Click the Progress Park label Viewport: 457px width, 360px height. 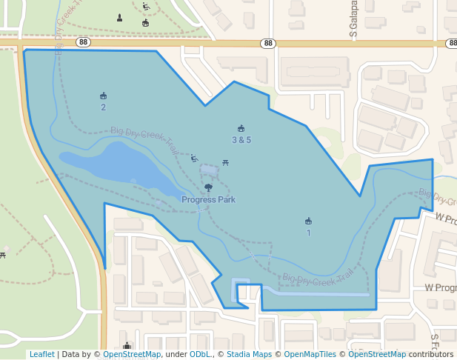[209, 199]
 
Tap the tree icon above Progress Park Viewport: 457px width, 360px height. [208, 188]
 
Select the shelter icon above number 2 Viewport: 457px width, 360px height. [103, 96]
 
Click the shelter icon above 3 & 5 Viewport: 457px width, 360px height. [241, 128]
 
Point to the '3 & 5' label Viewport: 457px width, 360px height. [241, 139]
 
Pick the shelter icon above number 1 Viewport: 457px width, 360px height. [308, 221]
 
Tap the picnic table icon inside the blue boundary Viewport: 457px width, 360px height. [225, 162]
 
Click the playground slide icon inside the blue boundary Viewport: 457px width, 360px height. [194, 158]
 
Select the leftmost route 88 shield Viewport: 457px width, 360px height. [83, 42]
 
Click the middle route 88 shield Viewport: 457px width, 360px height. [268, 44]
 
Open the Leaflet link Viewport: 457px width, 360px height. [41, 354]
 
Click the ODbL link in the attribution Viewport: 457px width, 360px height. [200, 354]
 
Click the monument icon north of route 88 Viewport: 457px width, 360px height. [120, 17]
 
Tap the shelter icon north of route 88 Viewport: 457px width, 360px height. [145, 23]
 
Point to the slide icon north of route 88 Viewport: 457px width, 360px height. [146, 7]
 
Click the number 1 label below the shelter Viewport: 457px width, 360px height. [308, 233]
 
